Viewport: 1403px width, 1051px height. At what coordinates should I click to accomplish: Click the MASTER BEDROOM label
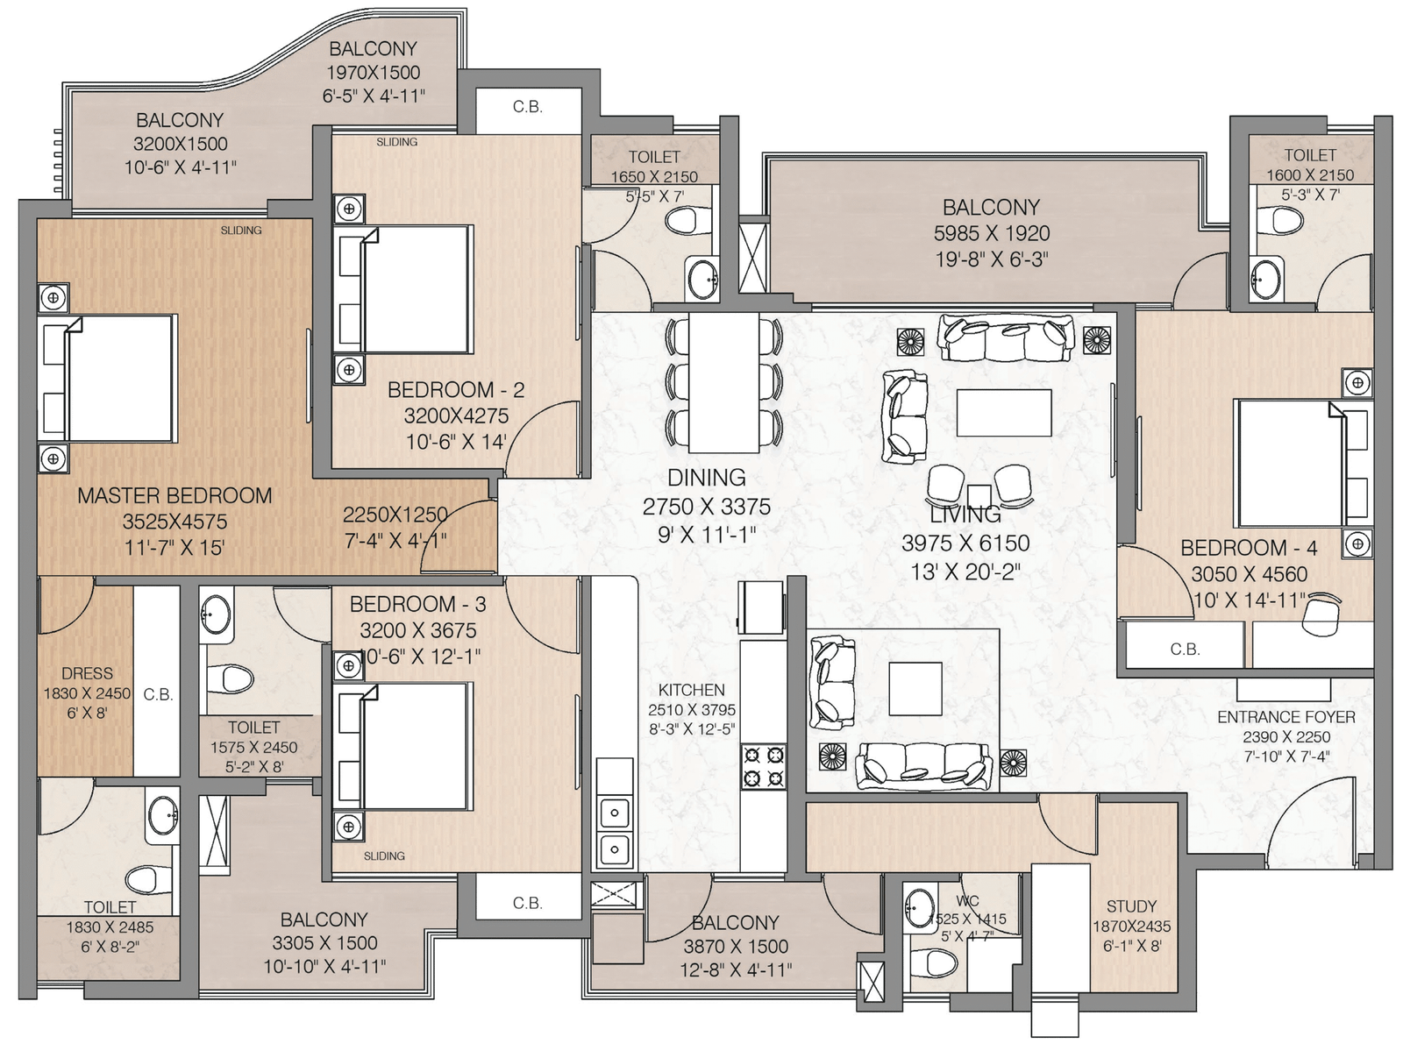point(174,496)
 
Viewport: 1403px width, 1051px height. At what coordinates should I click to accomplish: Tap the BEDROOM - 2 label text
point(456,390)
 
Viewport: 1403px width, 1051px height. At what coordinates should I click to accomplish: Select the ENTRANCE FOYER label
point(1286,718)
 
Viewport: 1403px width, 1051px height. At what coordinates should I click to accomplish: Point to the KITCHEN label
point(692,690)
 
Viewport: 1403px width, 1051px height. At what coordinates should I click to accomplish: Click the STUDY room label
point(1131,906)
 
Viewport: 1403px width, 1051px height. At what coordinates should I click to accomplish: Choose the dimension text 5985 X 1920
point(992,234)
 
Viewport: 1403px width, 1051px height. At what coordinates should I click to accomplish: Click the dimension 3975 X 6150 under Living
point(965,543)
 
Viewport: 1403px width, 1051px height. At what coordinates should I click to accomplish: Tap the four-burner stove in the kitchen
point(763,767)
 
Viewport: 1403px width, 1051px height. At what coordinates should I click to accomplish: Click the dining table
point(723,382)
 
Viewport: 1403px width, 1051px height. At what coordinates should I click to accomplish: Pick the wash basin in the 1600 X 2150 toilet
point(1266,280)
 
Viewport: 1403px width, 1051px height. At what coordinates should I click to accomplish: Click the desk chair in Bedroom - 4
point(1321,614)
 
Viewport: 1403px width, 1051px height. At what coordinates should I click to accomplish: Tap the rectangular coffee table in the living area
point(1003,413)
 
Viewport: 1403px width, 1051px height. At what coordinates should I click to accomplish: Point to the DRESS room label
point(87,673)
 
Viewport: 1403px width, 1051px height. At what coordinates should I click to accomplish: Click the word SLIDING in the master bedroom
point(241,230)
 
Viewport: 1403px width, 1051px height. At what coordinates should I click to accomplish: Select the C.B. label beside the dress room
point(158,694)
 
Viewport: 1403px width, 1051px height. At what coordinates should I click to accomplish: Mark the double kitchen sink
point(615,831)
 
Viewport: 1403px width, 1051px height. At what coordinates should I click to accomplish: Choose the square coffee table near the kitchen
point(915,689)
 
